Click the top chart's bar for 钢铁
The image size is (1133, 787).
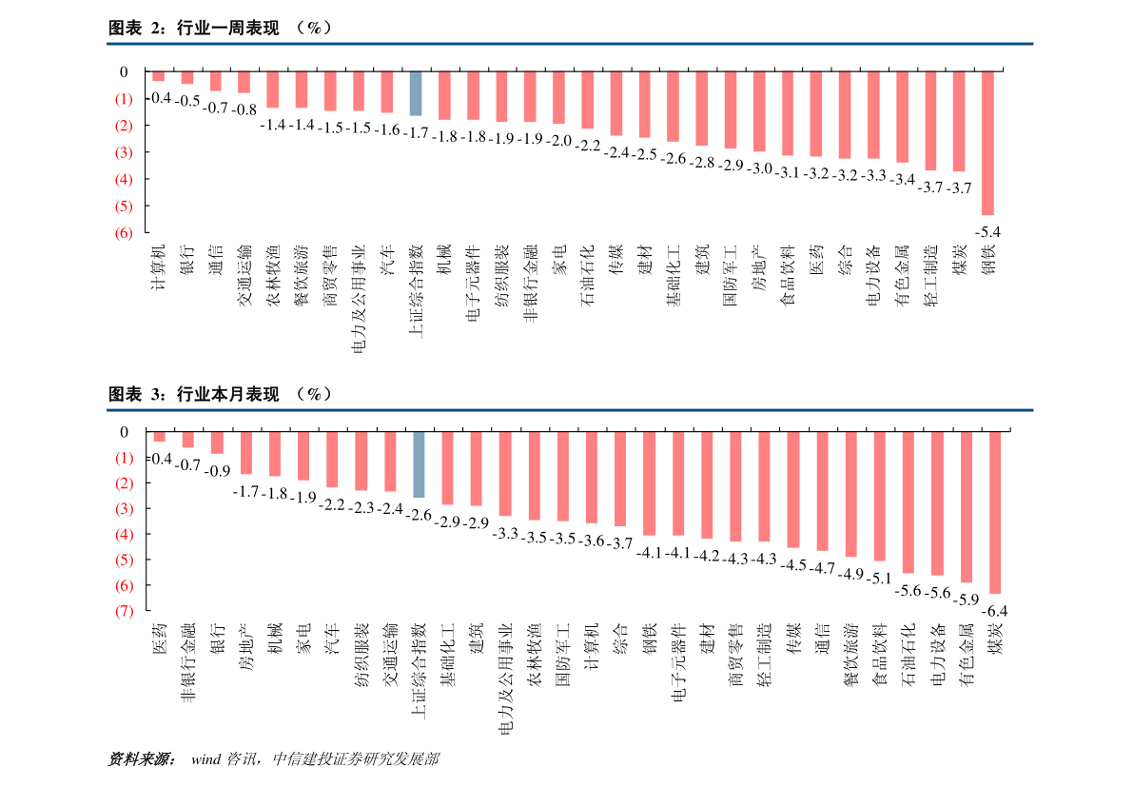click(x=987, y=143)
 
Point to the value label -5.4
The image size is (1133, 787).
click(x=989, y=231)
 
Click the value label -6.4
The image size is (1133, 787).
click(x=996, y=610)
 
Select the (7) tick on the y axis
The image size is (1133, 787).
click(x=123, y=611)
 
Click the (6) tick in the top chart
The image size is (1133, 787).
click(x=123, y=232)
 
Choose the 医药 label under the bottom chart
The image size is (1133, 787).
click(x=160, y=639)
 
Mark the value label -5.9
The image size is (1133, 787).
click(x=967, y=600)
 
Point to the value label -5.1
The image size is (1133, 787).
click(x=880, y=578)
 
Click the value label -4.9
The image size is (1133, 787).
click(x=851, y=574)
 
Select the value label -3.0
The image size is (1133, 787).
click(x=758, y=168)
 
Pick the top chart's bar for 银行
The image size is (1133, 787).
click(x=187, y=77)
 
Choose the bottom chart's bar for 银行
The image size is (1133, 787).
click(x=217, y=443)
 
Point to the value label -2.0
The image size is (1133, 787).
click(x=558, y=141)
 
